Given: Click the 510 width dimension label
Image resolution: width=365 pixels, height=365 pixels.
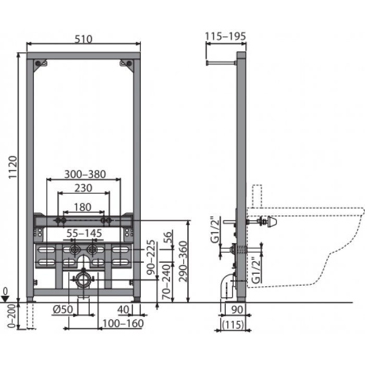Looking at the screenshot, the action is (x=83, y=39).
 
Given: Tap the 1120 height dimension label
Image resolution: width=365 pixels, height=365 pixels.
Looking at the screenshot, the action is (x=13, y=167).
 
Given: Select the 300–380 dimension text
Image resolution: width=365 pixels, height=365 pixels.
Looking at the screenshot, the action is (x=85, y=174).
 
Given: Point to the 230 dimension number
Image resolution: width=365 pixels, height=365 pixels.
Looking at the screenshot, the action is (x=83, y=188).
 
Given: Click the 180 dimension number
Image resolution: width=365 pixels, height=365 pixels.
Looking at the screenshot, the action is (x=82, y=207).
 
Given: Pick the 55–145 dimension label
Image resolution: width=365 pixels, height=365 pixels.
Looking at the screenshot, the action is (x=84, y=233).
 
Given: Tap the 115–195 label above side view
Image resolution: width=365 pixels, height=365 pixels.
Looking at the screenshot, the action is (x=225, y=36).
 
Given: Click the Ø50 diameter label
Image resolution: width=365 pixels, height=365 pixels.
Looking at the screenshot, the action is (x=63, y=309).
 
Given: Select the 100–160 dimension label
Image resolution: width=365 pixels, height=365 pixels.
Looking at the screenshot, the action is (x=123, y=323).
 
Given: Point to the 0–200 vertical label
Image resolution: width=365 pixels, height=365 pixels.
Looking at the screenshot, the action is (x=11, y=316).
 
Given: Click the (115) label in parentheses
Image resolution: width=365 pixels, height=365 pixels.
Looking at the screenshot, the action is (x=233, y=324).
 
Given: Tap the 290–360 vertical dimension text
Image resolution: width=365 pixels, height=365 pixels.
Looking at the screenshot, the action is (x=184, y=261).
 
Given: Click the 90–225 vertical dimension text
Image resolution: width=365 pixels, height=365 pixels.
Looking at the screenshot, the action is (x=151, y=257).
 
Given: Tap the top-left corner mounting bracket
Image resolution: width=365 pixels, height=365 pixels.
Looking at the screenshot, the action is (x=40, y=65).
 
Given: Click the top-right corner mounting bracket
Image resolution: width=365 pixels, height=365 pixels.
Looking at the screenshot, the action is (x=127, y=65).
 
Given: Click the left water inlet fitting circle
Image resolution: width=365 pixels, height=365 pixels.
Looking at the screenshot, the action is (x=75, y=250).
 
